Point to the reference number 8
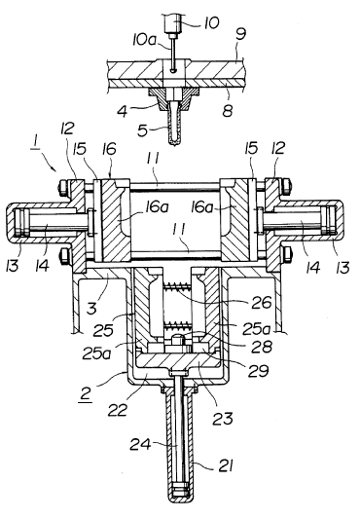click(228, 110)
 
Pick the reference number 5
click(143, 130)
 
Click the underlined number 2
click(86, 394)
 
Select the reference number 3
click(92, 308)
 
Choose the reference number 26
click(261, 302)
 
